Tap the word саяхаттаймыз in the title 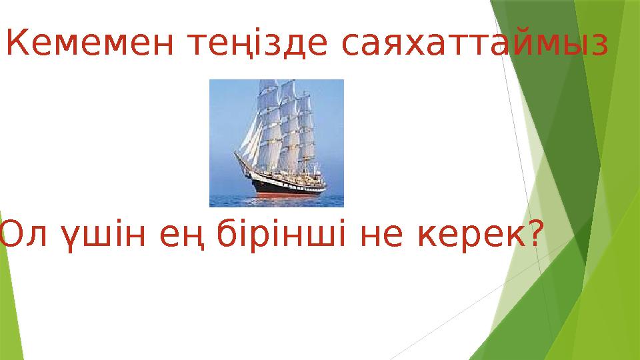pos(474,45)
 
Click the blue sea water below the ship pos(277,201)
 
